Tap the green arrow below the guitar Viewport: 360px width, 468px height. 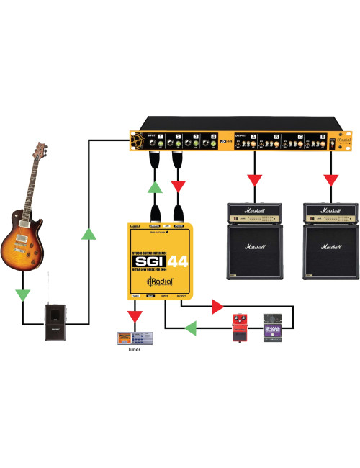point(24,294)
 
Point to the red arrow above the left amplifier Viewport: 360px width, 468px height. point(253,178)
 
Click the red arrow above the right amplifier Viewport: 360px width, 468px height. point(330,178)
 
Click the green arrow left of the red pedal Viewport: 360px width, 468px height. point(192,329)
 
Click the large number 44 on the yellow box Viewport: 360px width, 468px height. point(179,261)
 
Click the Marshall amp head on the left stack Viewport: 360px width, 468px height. point(254,212)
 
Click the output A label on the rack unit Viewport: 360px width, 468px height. point(253,136)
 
